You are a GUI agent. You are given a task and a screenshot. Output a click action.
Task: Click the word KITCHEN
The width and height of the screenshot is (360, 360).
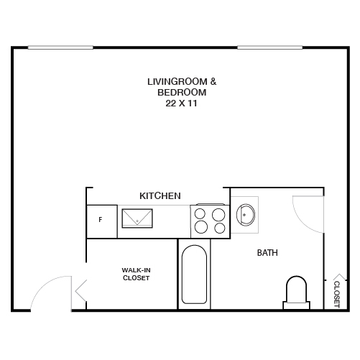tap(160, 195)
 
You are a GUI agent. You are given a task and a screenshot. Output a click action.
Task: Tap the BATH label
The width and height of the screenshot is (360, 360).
tap(267, 253)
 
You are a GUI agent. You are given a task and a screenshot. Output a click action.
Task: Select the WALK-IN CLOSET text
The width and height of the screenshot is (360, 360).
tap(135, 274)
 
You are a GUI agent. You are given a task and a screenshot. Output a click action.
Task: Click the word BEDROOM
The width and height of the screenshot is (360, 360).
tap(186, 93)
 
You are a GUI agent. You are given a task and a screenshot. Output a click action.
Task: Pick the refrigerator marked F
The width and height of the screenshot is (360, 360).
tap(100, 220)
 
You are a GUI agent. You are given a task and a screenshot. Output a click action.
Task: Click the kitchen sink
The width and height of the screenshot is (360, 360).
tap(137, 217)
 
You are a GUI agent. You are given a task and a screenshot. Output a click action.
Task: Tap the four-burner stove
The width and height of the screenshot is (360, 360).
tap(210, 221)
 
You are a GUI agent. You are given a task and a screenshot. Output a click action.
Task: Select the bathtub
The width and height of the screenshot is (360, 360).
tap(195, 275)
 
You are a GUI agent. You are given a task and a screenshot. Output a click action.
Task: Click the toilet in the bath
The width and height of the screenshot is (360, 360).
tap(296, 292)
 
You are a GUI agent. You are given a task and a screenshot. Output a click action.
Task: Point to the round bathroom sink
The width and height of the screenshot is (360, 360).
tap(246, 213)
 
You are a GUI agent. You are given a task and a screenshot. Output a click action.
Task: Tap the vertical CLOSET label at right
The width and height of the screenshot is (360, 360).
tap(337, 293)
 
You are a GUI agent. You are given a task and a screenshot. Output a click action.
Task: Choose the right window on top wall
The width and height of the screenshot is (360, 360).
tap(269, 47)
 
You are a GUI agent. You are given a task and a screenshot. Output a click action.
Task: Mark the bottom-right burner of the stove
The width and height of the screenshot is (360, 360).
tap(218, 228)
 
